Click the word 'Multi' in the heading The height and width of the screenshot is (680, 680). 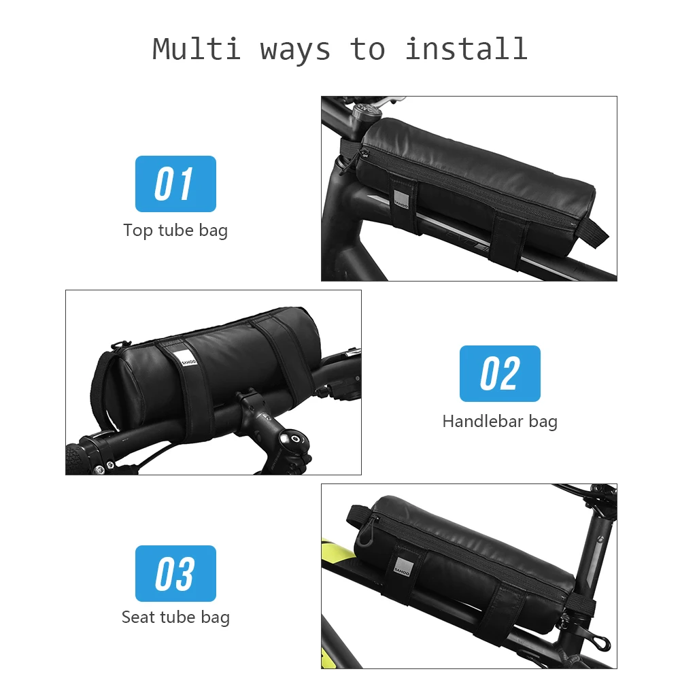[197, 49]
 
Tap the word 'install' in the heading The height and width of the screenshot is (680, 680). [466, 49]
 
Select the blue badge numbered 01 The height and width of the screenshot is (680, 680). [175, 184]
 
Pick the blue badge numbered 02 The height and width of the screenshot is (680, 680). [500, 373]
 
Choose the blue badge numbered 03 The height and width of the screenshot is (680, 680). [175, 573]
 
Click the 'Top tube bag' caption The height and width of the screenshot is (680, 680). [175, 230]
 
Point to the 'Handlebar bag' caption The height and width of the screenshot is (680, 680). [500, 421]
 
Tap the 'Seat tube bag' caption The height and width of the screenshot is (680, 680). [175, 617]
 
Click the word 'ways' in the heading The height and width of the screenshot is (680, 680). [295, 49]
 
